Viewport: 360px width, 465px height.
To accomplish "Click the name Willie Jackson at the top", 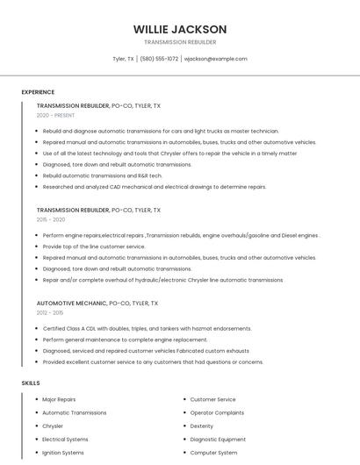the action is (179, 29).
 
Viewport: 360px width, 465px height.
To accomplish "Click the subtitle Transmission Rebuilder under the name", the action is (179, 42).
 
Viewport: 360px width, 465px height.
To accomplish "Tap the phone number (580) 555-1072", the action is (159, 59).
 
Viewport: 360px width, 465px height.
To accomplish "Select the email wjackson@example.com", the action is (215, 59).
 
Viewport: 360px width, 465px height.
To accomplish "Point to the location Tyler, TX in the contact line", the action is (124, 59).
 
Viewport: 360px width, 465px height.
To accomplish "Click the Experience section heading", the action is (38, 92).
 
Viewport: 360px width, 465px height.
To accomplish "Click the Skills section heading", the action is (31, 383).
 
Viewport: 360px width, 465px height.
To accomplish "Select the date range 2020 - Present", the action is (55, 115).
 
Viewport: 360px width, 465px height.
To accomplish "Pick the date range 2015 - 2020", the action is (51, 219).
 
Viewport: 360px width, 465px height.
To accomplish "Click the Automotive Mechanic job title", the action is (72, 303).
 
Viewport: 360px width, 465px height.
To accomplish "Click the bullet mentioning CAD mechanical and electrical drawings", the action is (154, 187).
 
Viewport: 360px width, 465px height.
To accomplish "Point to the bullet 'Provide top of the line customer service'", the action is (94, 247).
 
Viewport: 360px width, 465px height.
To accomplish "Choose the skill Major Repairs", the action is (59, 399).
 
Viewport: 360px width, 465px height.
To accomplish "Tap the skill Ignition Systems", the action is (63, 453).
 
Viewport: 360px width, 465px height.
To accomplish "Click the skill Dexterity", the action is (202, 426).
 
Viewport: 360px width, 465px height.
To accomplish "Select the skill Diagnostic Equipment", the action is (218, 440).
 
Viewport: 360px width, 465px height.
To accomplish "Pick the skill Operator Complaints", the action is (217, 412).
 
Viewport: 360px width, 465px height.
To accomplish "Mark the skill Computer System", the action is (214, 453).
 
